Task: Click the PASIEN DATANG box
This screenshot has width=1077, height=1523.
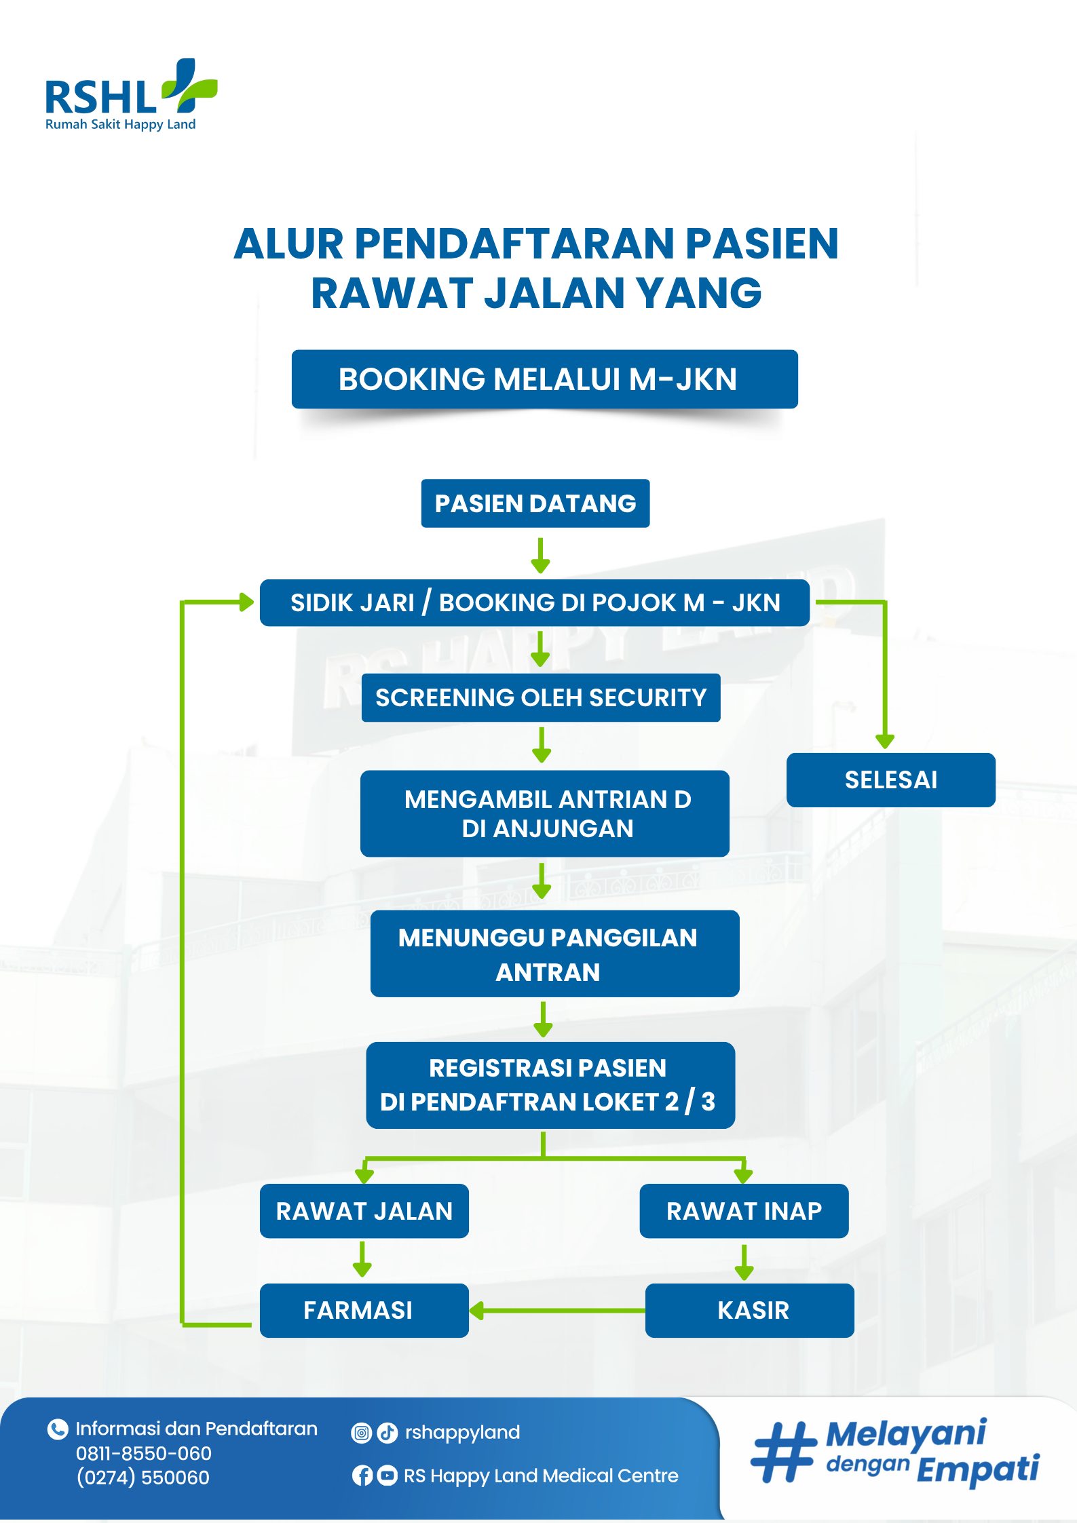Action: click(535, 503)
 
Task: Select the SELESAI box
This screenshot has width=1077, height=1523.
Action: click(890, 779)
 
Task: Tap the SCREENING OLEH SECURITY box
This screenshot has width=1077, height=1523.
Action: click(540, 697)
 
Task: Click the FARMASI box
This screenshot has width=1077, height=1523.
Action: click(364, 1310)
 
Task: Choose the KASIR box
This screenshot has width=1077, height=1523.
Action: click(749, 1310)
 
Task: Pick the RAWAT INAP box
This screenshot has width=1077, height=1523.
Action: click(744, 1211)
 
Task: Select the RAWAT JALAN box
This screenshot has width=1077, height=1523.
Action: click(364, 1211)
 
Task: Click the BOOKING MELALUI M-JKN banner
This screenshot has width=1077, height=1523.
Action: click(544, 379)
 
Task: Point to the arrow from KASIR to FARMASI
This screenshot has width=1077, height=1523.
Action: click(556, 1310)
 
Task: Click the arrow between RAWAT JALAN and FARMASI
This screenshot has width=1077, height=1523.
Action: click(362, 1260)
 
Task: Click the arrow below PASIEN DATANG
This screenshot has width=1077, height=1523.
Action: click(540, 556)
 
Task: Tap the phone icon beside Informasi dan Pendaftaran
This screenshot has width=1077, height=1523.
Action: click(58, 1429)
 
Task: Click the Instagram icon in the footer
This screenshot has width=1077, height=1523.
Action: click(362, 1433)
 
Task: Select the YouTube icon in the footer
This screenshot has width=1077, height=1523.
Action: click(387, 1476)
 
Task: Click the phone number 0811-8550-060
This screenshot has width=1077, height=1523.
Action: click(144, 1453)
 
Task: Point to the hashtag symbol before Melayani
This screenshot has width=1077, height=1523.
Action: click(784, 1452)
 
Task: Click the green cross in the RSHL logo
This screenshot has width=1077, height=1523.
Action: click(191, 85)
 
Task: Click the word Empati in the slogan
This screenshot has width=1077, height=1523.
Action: click(977, 1469)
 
